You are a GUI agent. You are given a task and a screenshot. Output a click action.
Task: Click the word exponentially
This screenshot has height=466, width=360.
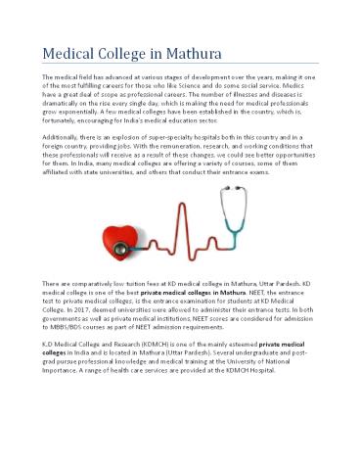[70, 114]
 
